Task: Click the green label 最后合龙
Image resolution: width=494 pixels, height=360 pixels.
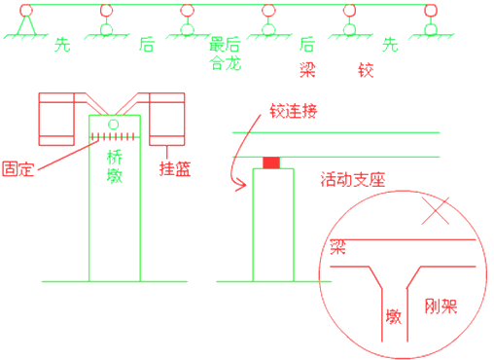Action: (225, 55)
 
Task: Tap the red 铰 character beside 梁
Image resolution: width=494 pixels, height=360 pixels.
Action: (366, 70)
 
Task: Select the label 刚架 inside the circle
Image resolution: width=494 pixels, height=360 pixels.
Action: (441, 305)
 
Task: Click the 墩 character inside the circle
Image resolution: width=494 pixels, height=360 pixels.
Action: (394, 316)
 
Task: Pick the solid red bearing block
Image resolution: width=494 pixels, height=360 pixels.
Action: (271, 162)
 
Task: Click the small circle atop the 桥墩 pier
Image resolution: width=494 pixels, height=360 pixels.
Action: (114, 125)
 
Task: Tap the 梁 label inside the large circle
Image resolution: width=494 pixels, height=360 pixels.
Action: (338, 246)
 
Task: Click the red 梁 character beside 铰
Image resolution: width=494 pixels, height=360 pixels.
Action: (306, 70)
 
